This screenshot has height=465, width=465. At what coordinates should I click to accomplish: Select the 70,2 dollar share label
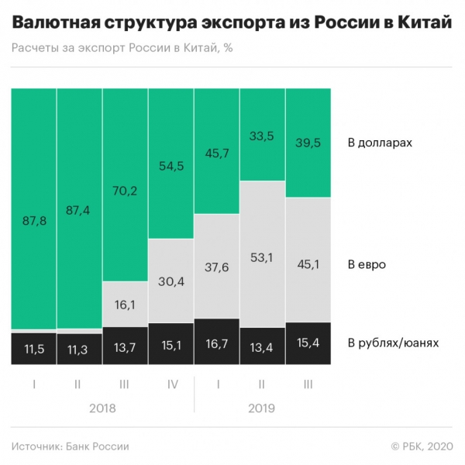[x=125, y=185]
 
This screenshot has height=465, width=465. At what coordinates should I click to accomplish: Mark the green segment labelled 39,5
[x=308, y=143]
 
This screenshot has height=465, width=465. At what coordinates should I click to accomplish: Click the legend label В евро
[x=367, y=264]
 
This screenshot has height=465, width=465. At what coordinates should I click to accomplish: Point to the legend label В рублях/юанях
[x=394, y=343]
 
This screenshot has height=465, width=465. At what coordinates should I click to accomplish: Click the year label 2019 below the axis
[x=263, y=407]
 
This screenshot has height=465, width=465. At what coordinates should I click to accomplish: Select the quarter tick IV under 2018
[x=170, y=383]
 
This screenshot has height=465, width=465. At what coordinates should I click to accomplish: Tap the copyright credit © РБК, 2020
[x=419, y=446]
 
